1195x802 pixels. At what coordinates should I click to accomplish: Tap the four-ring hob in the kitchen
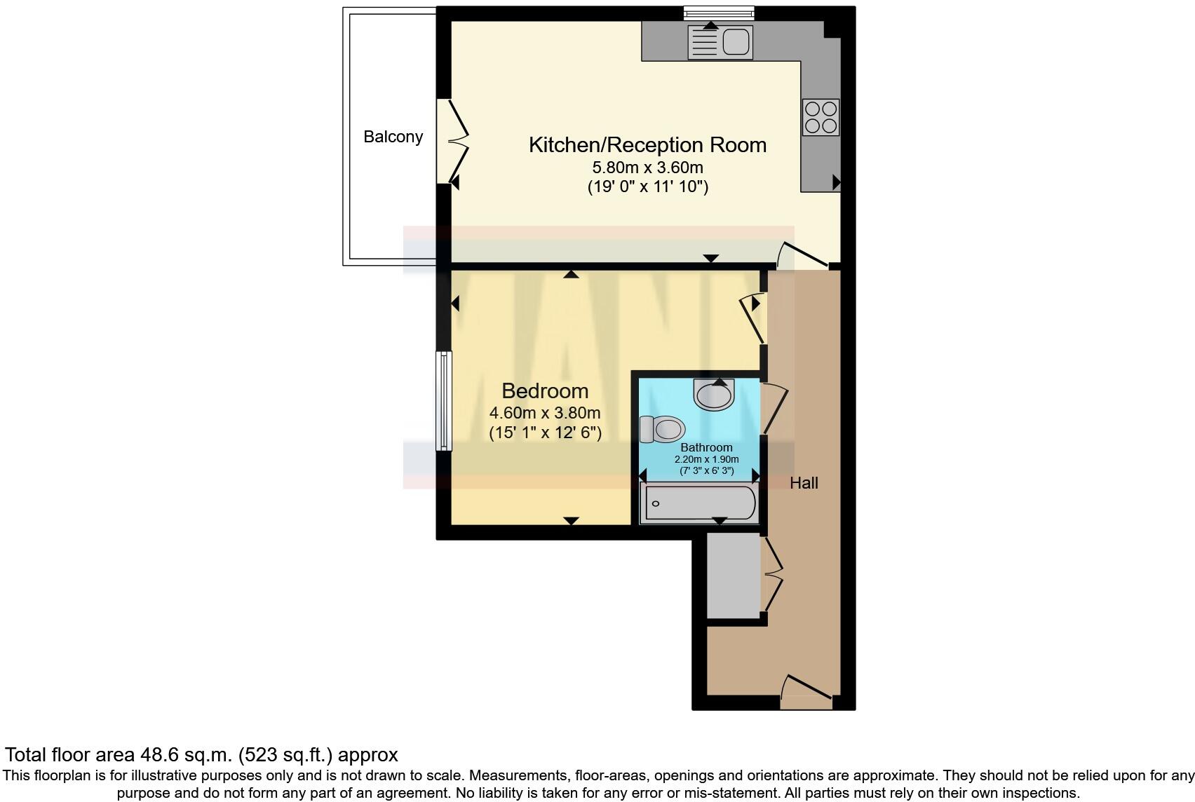[x=821, y=117]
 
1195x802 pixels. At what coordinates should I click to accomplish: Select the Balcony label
[x=393, y=137]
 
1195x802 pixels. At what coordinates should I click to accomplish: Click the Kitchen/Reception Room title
[x=647, y=145]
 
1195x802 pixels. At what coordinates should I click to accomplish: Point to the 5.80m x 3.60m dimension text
[x=647, y=168]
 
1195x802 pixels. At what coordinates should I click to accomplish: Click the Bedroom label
[x=545, y=390]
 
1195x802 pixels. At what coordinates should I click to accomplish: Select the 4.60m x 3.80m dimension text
[x=545, y=413]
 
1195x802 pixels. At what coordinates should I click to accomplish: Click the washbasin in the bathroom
[x=714, y=394]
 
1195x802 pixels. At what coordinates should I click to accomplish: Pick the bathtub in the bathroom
[x=700, y=503]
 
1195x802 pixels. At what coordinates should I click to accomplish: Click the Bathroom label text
[x=706, y=447]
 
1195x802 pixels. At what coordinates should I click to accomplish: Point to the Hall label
[x=804, y=483]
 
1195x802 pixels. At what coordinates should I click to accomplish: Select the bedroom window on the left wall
[x=443, y=401]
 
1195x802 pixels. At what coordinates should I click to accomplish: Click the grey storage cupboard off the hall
[x=734, y=576]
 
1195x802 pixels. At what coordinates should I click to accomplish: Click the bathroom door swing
[x=775, y=408]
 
